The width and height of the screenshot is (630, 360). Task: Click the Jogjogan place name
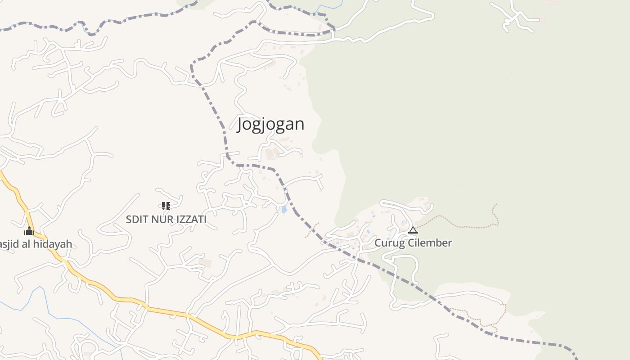coord(270,124)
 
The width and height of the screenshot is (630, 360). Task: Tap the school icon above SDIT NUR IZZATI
coord(166,206)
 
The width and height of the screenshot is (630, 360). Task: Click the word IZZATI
coord(189,220)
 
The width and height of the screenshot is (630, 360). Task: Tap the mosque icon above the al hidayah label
coord(29,231)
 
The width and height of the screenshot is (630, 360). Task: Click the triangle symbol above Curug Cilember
coord(413,230)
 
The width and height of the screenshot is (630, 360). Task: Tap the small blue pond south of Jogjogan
coord(284,210)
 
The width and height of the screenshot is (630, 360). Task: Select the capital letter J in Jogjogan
coord(241,124)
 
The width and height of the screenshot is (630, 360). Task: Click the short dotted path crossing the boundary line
coord(312,229)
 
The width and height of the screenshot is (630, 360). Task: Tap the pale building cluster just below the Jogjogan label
coord(271,153)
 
